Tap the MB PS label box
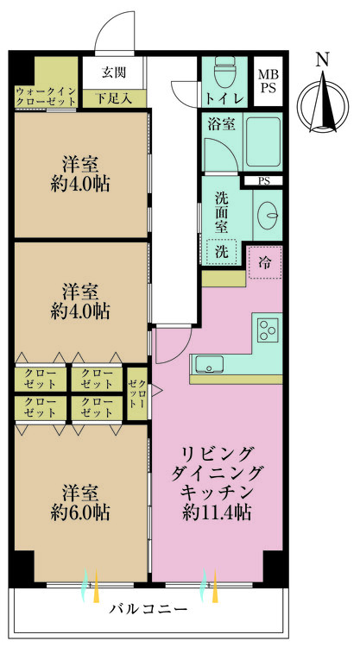[x=268, y=81]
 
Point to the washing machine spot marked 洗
[x=221, y=252]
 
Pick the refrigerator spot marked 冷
[x=265, y=262]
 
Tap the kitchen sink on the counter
[x=209, y=364]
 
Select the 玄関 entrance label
[x=114, y=72]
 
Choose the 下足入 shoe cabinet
[x=114, y=98]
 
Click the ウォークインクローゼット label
[x=46, y=96]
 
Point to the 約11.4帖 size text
[x=216, y=512]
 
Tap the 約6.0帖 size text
[x=80, y=512]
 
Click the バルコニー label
[x=148, y=609]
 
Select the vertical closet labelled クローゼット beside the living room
[x=136, y=393]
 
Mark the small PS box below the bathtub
[x=262, y=181]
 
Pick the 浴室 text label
[x=221, y=124]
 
